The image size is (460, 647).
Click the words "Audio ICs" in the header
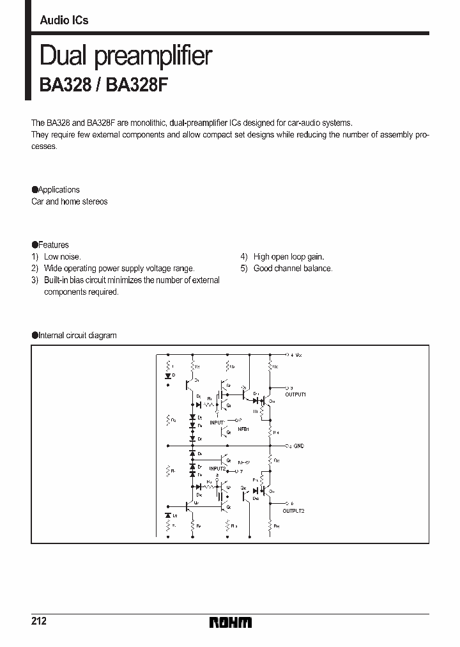coord(64,20)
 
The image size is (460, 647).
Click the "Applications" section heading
coord(59,190)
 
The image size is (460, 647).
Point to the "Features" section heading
coord(53,245)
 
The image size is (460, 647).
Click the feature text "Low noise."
coord(62,257)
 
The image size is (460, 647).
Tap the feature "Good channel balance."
coord(293,269)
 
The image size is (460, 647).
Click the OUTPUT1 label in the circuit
coord(295,395)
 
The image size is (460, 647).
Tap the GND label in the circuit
coord(298,445)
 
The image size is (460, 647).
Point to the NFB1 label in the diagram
coord(243,430)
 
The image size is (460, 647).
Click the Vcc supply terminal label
coord(295,354)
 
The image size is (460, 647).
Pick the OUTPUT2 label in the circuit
coord(294,511)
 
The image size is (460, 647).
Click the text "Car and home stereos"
coord(70,201)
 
